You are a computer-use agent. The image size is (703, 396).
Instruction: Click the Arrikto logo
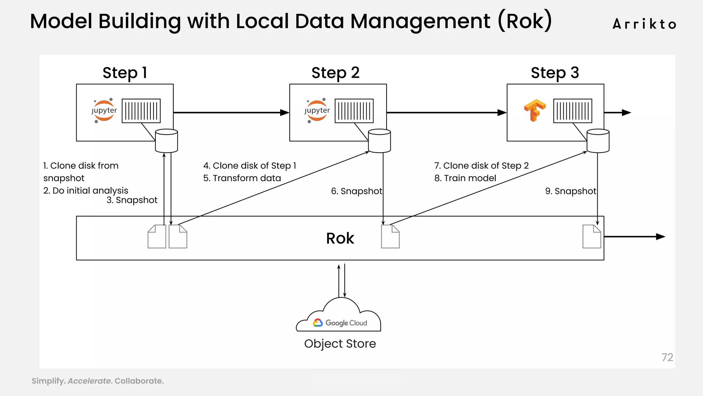pos(644,24)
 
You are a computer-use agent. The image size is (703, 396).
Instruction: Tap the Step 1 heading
pos(125,73)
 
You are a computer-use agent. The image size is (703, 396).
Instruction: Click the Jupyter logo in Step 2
pos(317,111)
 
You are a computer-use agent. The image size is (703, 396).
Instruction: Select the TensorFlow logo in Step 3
pos(534,110)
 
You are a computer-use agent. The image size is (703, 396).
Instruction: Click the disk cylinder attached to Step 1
pos(166,141)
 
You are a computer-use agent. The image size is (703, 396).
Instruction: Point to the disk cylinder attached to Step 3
pos(598,141)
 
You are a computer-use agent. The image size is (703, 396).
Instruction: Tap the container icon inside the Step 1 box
pos(141,111)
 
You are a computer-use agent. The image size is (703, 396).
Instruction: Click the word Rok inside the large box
pos(340,238)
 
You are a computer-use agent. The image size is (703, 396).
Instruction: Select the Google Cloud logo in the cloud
pos(318,323)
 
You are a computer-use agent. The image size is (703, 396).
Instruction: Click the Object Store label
pos(340,344)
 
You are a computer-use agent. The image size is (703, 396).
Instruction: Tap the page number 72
pos(667,357)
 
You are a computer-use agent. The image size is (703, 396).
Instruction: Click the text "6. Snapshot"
pos(356,191)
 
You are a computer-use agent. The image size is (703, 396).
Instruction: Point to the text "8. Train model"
pos(465,178)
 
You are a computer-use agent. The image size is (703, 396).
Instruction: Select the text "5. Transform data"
pos(242,178)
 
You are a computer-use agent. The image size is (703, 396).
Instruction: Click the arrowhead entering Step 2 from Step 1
pos(285,112)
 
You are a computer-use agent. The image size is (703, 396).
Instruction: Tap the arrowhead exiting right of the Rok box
pos(660,236)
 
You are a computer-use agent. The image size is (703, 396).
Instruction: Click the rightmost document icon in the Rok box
pos(592,236)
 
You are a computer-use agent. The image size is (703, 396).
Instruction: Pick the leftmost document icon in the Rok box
pos(157,236)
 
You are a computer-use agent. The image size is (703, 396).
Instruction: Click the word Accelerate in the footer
pos(89,381)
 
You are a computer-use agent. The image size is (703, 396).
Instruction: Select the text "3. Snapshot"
pos(132,200)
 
